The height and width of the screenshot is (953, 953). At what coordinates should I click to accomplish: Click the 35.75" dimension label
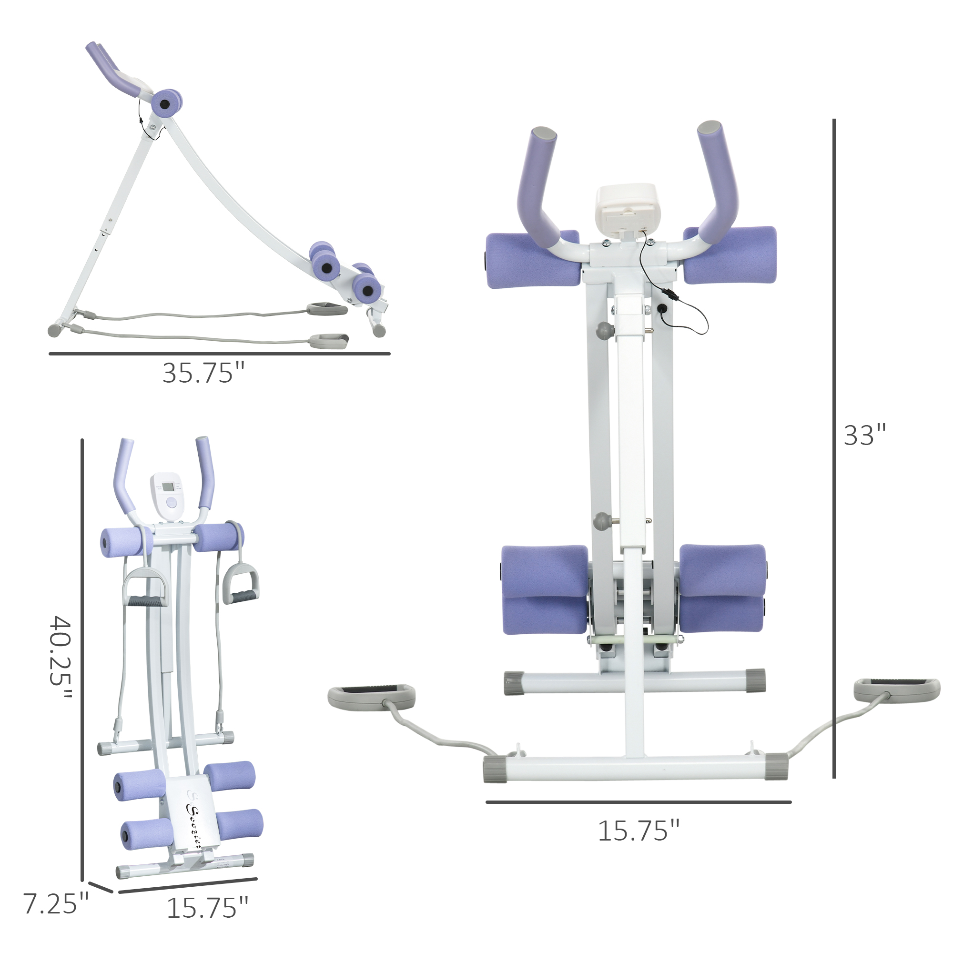pyautogui.click(x=203, y=374)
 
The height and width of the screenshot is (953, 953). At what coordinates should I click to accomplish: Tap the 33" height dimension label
pyautogui.click(x=864, y=435)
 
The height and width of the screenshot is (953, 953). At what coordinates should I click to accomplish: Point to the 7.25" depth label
pyautogui.click(x=56, y=903)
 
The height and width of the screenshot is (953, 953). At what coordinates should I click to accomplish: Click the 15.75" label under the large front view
pyautogui.click(x=639, y=831)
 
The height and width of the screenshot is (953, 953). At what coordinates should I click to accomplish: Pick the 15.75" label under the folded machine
pyautogui.click(x=207, y=908)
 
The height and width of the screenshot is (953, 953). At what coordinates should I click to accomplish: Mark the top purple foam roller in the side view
pyautogui.click(x=166, y=103)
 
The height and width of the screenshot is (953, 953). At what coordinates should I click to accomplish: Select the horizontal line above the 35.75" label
pyautogui.click(x=220, y=354)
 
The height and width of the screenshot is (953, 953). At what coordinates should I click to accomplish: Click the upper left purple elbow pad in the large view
pyautogui.click(x=532, y=260)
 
